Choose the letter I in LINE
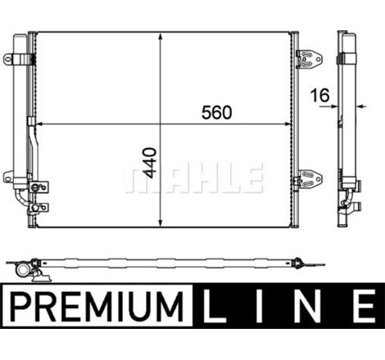(x=265, y=309)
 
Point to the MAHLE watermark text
(x=193, y=176)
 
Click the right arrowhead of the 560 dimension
(x=292, y=125)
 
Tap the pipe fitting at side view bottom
(x=352, y=205)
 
